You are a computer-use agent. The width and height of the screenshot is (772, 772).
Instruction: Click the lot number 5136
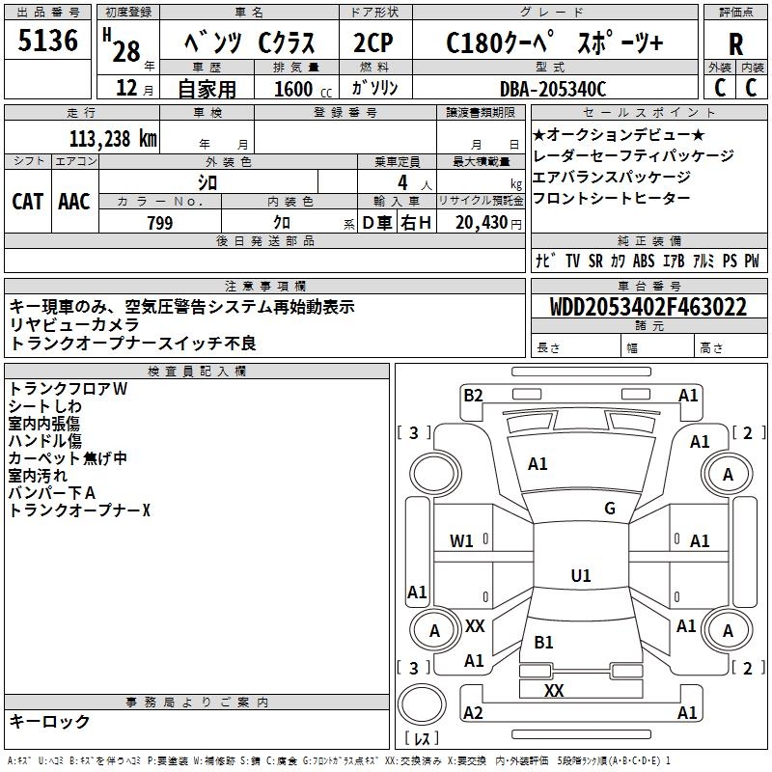point(48,41)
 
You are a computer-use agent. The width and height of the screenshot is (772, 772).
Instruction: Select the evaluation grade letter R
point(735,43)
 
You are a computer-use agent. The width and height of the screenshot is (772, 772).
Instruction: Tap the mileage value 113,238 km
point(113,138)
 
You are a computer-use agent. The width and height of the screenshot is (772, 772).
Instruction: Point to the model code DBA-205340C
point(553,89)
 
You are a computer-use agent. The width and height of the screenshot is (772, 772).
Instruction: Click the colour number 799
point(160,223)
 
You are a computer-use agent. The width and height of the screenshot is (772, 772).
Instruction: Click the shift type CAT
point(28,201)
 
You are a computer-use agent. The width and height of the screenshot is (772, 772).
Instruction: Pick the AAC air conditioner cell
point(74,201)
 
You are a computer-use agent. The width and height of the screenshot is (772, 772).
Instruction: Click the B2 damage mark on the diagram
point(473,395)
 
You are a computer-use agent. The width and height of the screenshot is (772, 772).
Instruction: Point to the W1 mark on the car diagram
point(462,541)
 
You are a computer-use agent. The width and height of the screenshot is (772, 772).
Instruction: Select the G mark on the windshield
point(610,509)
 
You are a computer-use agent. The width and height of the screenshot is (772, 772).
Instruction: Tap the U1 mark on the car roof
point(581,576)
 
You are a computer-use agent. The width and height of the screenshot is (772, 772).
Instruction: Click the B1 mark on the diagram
point(544,642)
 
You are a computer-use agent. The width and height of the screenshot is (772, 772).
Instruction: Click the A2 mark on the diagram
point(473,713)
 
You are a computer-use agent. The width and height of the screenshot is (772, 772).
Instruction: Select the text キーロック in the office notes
point(50,722)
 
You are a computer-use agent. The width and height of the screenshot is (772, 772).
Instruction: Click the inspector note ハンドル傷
point(44,441)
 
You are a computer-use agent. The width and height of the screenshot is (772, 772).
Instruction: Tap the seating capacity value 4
point(401,181)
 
